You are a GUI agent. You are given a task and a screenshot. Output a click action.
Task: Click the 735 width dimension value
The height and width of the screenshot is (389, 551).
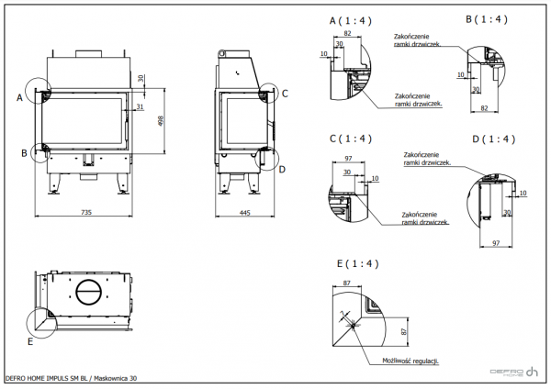click(86, 213)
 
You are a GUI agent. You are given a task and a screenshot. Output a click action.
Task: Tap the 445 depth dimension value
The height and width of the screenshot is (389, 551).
click(244, 213)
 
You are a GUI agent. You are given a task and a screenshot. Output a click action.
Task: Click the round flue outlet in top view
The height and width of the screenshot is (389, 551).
click(90, 294)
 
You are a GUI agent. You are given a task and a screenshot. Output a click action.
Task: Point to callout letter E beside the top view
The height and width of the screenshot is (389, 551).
click(30, 341)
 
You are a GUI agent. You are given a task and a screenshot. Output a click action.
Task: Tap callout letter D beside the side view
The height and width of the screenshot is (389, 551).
click(283, 169)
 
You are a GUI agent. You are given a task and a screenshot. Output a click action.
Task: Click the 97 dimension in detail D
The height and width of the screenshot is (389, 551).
click(495, 244)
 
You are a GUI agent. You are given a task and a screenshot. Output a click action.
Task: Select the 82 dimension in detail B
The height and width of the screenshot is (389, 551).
click(483, 108)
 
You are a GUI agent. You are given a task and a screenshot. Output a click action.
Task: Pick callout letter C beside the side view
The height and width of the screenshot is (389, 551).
click(285, 93)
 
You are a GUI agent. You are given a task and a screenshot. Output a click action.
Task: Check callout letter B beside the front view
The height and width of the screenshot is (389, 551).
click(24, 153)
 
